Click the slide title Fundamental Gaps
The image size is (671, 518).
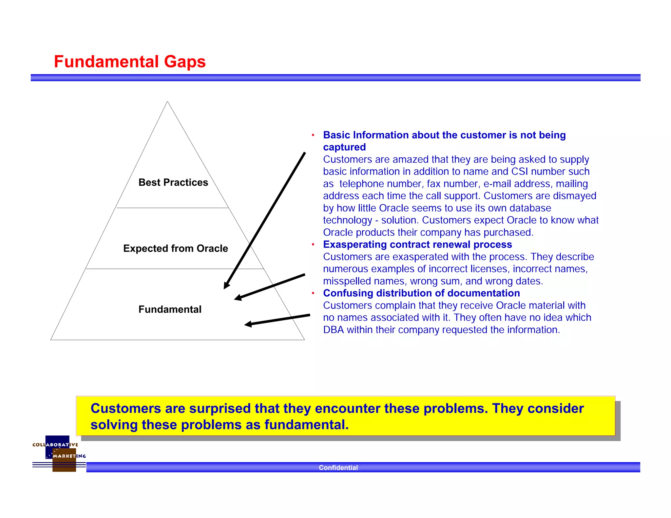(x=130, y=62)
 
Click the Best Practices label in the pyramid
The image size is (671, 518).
(x=173, y=182)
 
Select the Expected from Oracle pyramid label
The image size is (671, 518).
(x=175, y=249)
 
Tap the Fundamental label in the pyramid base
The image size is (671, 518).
(x=170, y=309)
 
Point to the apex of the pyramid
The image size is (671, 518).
(x=167, y=102)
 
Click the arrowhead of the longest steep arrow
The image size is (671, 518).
(x=226, y=286)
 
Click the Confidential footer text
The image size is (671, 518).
(x=338, y=468)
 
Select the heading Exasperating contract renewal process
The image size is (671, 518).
(x=417, y=245)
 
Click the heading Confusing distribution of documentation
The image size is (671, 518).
(x=421, y=293)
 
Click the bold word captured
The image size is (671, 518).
(x=344, y=147)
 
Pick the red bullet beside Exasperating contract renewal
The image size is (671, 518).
(x=313, y=245)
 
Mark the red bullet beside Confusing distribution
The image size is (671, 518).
(x=313, y=293)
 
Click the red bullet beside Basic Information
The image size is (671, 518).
(x=313, y=135)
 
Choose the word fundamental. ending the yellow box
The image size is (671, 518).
(x=307, y=425)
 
